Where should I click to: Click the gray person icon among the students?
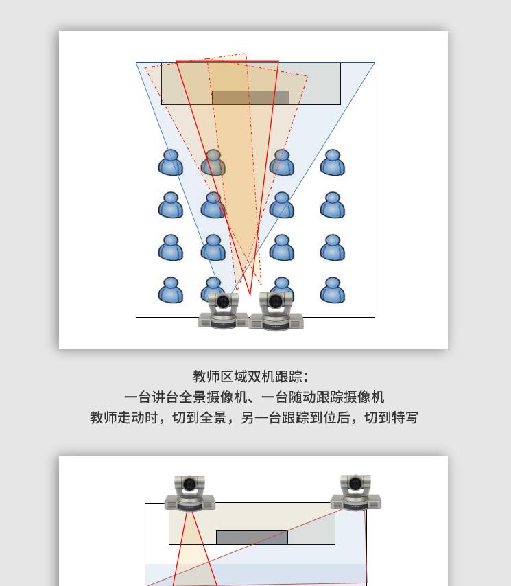point(213,163)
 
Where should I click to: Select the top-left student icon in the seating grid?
point(171,163)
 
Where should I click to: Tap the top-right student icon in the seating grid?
point(333,163)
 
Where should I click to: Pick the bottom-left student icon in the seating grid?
point(171,290)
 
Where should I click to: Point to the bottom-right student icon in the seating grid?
point(333,290)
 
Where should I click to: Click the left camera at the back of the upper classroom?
point(223,311)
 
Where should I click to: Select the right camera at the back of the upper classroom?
point(276,311)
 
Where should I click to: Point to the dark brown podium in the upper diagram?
point(250,97)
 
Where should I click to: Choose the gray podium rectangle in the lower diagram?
point(252,537)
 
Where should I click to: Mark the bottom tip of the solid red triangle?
point(250,295)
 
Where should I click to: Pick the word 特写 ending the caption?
point(405,417)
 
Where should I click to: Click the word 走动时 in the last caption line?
point(137,417)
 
